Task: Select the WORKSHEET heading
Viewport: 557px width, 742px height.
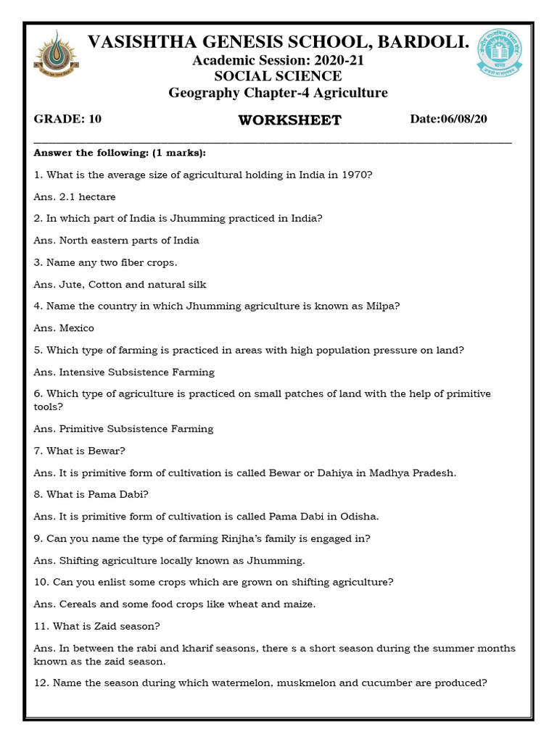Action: tap(290, 120)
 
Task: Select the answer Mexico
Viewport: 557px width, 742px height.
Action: tap(77, 328)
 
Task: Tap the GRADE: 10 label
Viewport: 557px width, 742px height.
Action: tap(67, 119)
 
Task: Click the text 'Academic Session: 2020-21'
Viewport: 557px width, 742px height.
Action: tap(278, 61)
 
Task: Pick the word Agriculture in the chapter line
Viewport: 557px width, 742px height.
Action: tap(354, 93)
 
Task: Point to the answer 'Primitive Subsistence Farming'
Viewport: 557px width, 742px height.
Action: tap(136, 429)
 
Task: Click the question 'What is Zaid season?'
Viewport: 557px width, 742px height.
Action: tap(103, 626)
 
